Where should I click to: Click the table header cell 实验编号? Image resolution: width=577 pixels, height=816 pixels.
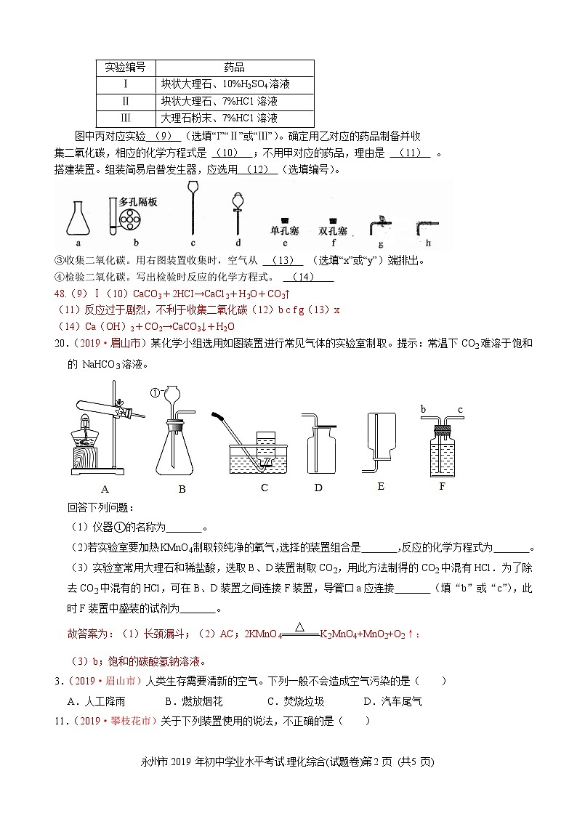[126, 67]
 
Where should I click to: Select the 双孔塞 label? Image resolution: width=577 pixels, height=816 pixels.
[332, 231]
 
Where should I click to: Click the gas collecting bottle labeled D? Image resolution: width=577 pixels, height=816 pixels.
[317, 448]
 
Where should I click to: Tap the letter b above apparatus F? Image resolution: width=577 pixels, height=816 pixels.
[424, 410]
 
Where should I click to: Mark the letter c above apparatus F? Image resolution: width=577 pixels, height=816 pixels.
[460, 410]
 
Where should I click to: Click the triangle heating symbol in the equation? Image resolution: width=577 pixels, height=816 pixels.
[299, 625]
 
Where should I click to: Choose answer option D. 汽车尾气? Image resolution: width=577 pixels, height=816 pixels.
[392, 701]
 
